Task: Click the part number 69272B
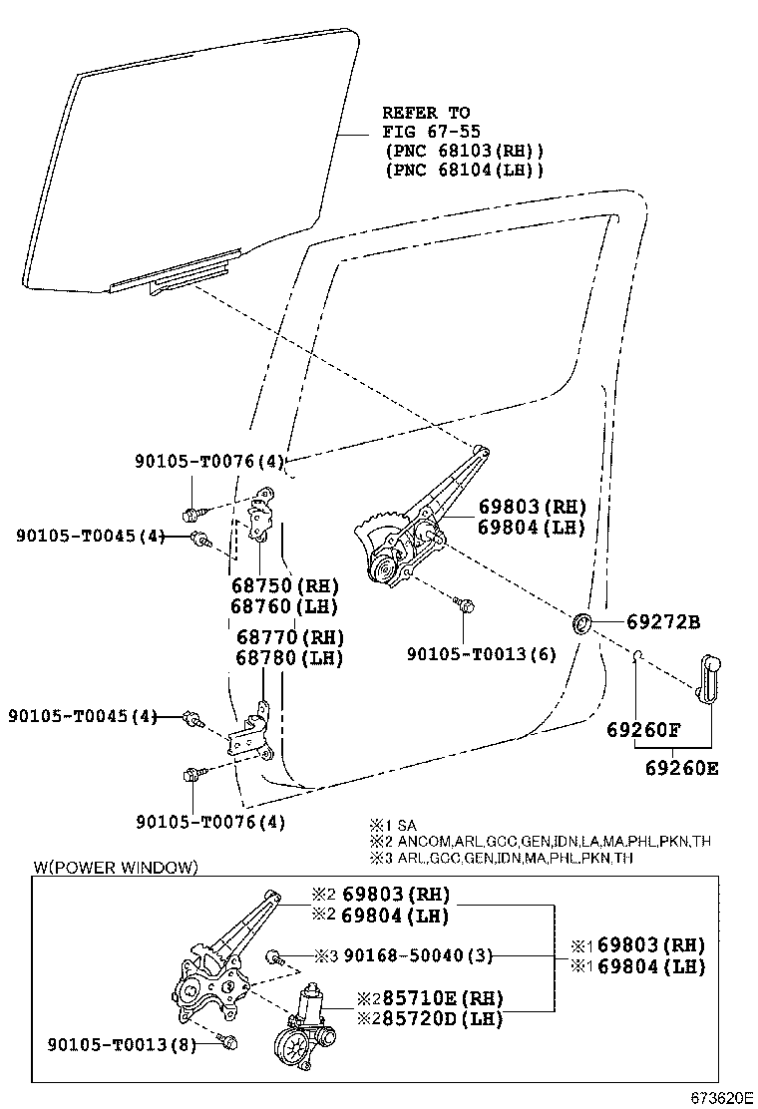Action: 663,622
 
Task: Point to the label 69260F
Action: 643,730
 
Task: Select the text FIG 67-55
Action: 426,131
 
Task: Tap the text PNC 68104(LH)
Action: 464,170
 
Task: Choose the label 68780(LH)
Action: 289,657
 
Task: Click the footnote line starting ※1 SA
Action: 392,825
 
